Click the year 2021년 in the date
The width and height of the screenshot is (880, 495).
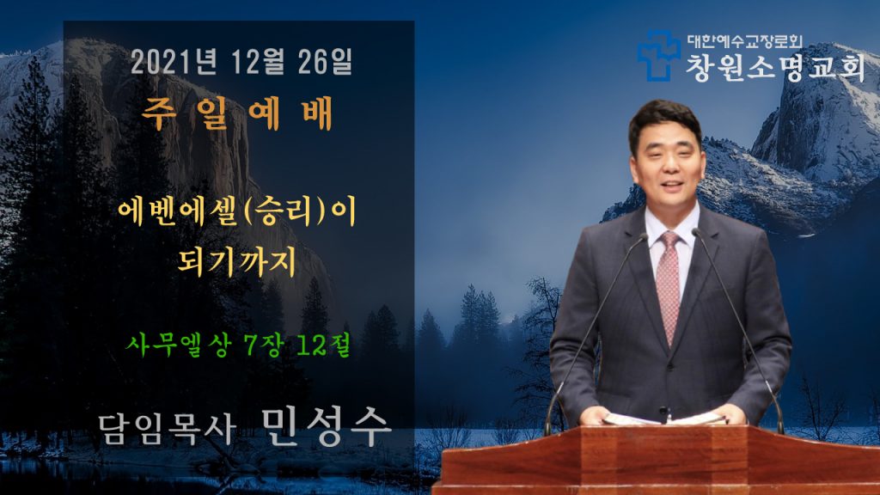(174, 62)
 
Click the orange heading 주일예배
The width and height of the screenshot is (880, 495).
(237, 114)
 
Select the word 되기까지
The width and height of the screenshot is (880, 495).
(237, 261)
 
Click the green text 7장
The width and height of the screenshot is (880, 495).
(264, 344)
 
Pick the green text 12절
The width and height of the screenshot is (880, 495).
(323, 344)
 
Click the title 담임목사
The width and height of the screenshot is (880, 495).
(167, 430)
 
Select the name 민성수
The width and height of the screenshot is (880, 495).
(326, 428)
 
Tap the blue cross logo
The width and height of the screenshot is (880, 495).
(657, 56)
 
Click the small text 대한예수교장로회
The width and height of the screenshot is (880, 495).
(745, 41)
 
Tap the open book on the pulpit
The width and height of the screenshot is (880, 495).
(664, 419)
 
